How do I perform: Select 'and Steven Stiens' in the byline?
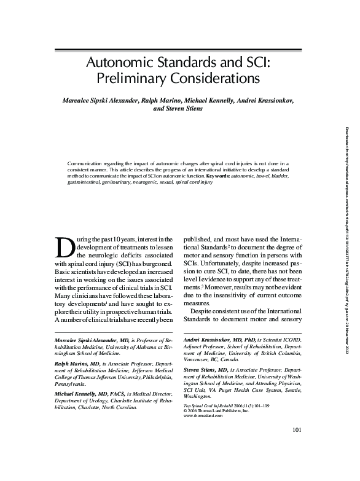pos(179,109)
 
